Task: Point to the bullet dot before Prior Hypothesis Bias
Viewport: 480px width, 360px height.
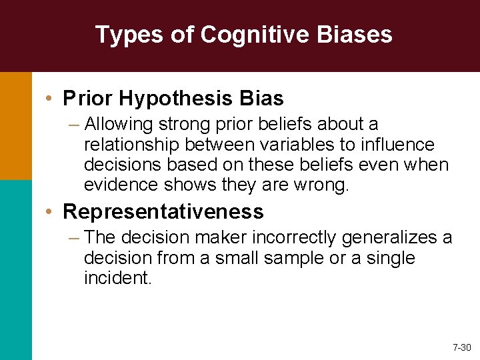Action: (x=51, y=99)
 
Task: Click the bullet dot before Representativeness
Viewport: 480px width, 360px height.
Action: (x=51, y=212)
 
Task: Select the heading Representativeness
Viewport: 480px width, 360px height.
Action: (x=163, y=212)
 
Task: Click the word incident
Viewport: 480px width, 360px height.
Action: (x=118, y=277)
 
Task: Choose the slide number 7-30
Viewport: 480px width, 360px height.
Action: (x=461, y=347)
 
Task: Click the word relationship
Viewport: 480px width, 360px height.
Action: (x=133, y=145)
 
